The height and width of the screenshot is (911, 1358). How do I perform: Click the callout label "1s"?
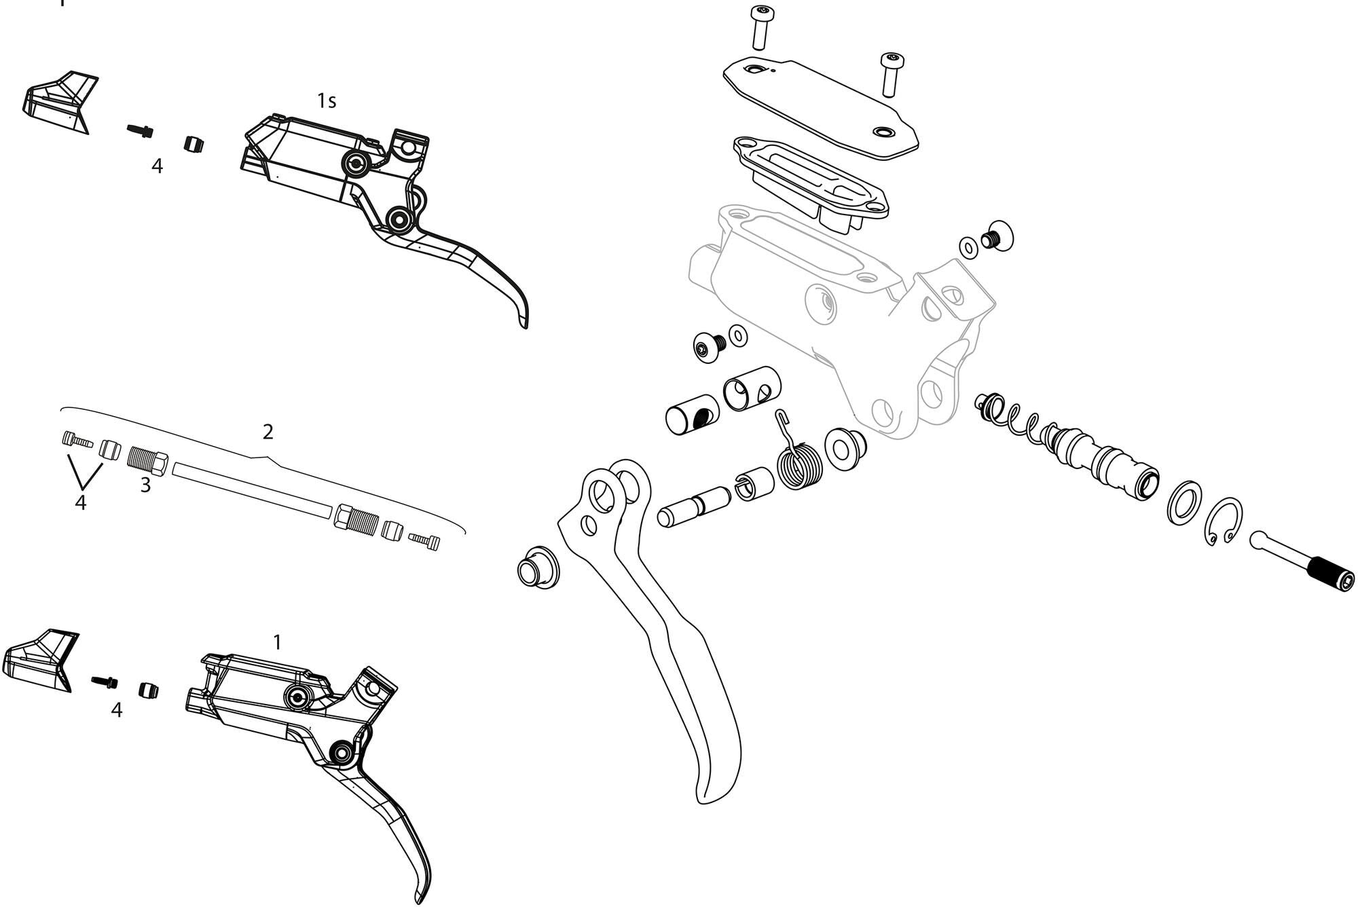[326, 101]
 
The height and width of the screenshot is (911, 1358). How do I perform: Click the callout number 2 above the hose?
[268, 431]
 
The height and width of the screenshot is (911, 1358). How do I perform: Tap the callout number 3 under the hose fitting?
[145, 485]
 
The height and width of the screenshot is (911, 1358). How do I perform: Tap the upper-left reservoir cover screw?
[760, 27]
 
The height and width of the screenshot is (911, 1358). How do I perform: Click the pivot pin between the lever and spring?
[693, 508]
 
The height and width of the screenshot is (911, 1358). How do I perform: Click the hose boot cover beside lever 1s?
[60, 102]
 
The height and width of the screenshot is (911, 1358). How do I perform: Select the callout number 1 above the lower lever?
[276, 642]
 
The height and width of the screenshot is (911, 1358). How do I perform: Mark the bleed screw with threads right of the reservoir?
[996, 236]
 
